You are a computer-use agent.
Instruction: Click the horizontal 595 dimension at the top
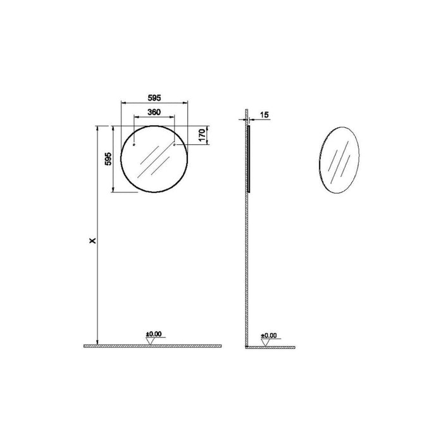point(155,97)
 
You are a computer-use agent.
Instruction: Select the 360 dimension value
point(154,112)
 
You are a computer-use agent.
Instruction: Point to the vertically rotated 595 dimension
point(108,159)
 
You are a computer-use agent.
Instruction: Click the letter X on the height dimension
point(93,240)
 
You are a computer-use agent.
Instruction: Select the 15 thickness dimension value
point(265,115)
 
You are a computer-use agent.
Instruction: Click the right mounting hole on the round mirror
point(174,146)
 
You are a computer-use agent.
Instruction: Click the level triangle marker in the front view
point(151,341)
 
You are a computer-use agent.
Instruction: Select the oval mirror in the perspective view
point(341,158)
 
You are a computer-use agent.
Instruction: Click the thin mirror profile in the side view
point(249,158)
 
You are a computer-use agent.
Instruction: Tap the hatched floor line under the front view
point(152,346)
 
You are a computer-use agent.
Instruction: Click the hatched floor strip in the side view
point(272,347)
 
